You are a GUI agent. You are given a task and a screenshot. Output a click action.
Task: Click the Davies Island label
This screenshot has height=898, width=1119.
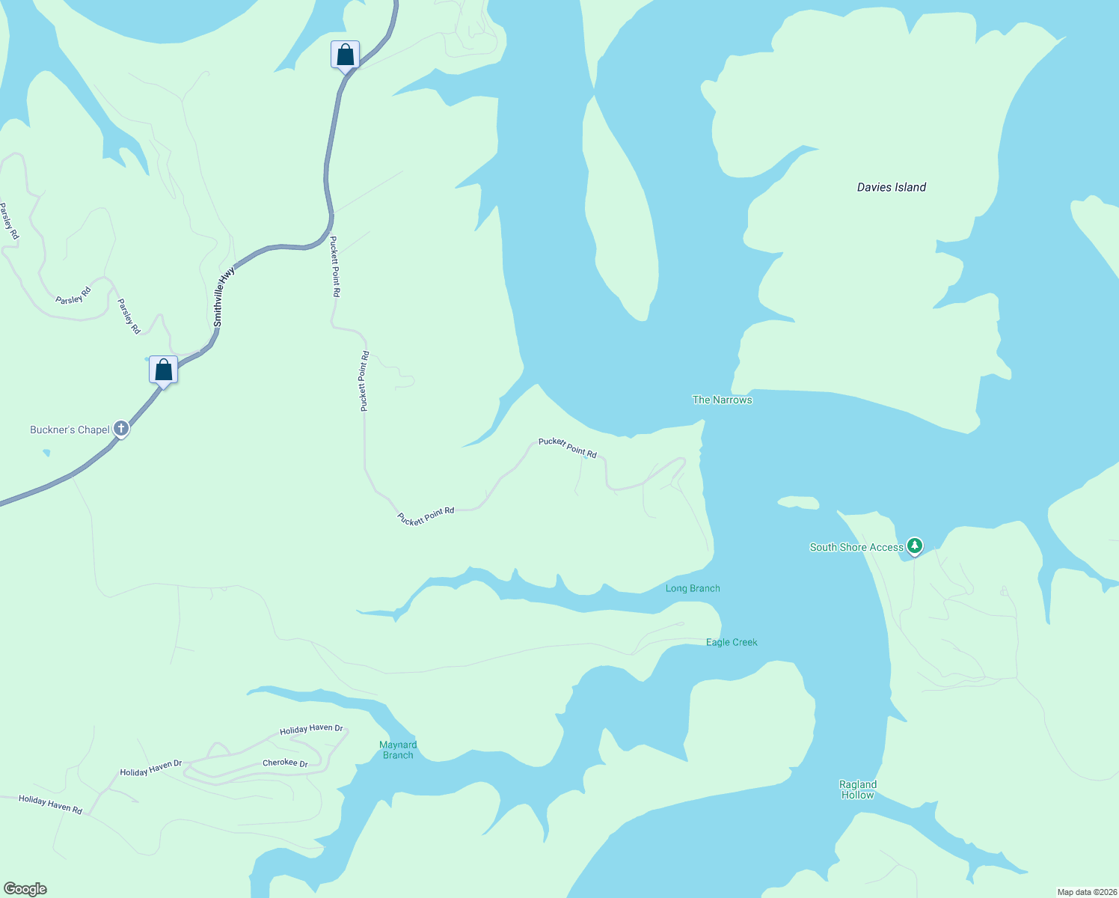tap(891, 187)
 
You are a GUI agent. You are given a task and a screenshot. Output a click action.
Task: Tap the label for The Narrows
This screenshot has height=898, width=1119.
tap(722, 400)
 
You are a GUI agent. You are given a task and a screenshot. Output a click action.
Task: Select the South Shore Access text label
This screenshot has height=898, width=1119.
tap(856, 547)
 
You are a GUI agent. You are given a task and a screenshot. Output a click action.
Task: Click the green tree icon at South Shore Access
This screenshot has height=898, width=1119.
tap(914, 546)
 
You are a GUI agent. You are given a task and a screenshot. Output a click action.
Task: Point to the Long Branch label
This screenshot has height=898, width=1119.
tap(693, 588)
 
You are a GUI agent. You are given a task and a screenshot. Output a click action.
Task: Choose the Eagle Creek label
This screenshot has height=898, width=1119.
tap(732, 642)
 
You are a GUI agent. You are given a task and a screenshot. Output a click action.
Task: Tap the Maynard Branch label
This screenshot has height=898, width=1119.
tap(398, 750)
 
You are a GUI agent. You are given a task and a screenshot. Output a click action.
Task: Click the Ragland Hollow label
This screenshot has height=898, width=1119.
tap(857, 789)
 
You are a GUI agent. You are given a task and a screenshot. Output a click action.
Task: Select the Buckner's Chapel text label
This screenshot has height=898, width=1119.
tap(70, 430)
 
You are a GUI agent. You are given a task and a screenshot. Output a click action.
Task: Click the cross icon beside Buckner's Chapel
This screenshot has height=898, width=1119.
tap(121, 430)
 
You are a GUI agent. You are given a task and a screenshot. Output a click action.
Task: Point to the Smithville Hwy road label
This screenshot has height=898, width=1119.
tap(224, 297)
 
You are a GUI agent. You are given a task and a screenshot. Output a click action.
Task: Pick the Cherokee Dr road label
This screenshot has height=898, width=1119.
tap(285, 763)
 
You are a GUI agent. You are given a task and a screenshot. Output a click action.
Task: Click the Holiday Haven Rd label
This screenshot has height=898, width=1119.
tap(50, 804)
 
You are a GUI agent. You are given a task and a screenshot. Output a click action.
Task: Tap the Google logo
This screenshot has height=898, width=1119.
tap(25, 889)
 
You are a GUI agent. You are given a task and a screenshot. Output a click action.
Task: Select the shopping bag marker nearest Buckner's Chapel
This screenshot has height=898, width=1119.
tap(163, 370)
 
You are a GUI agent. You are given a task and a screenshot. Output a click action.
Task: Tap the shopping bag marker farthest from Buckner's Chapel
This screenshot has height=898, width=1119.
tap(345, 55)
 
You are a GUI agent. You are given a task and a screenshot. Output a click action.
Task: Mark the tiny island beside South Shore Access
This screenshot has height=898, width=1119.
tap(798, 502)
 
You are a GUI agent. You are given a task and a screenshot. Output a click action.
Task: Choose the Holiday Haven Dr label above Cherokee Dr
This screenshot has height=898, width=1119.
tap(311, 729)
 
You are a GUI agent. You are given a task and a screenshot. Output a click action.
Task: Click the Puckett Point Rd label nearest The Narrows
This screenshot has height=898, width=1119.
tap(568, 448)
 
